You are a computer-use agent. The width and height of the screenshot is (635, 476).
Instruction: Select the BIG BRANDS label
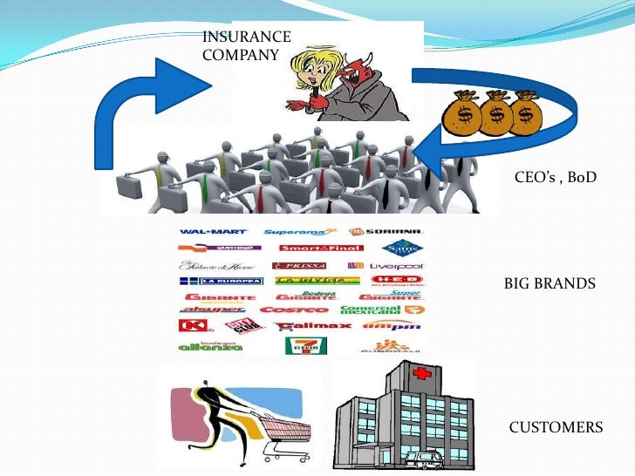(x=550, y=283)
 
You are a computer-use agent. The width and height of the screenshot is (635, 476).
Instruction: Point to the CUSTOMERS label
(x=555, y=427)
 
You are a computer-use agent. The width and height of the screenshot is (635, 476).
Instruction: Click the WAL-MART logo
(x=213, y=232)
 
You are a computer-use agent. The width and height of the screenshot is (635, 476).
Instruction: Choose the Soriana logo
(x=386, y=233)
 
